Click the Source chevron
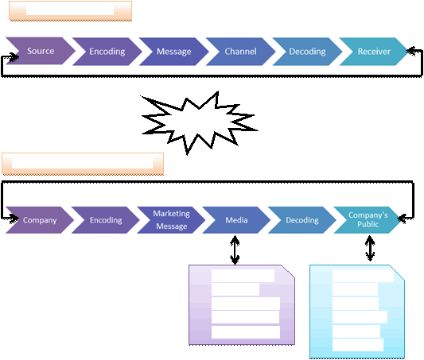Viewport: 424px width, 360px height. [x=41, y=51]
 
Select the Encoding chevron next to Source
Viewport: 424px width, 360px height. [x=107, y=52]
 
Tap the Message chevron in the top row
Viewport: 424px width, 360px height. [x=174, y=52]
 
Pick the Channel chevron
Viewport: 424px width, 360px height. [x=241, y=52]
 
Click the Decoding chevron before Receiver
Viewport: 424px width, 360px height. [x=307, y=52]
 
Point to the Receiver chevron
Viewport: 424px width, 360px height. [x=374, y=52]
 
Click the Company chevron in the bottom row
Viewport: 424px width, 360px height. [x=40, y=220]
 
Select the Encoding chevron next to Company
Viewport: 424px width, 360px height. [x=106, y=220]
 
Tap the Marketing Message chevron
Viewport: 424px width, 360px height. [x=172, y=220]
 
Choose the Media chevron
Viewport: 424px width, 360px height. [x=236, y=220]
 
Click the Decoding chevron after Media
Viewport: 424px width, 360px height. [x=302, y=220]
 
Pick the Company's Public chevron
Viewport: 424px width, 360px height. [x=368, y=220]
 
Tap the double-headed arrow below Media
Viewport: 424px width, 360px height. [x=235, y=250]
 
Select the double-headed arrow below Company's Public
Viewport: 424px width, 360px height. [x=370, y=249]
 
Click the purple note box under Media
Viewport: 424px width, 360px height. [x=242, y=304]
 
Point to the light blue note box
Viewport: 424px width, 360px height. [x=357, y=312]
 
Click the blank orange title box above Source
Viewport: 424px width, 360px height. [x=70, y=11]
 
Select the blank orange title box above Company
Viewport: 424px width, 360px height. [x=83, y=164]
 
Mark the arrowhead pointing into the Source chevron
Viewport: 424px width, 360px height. [x=14, y=56]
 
